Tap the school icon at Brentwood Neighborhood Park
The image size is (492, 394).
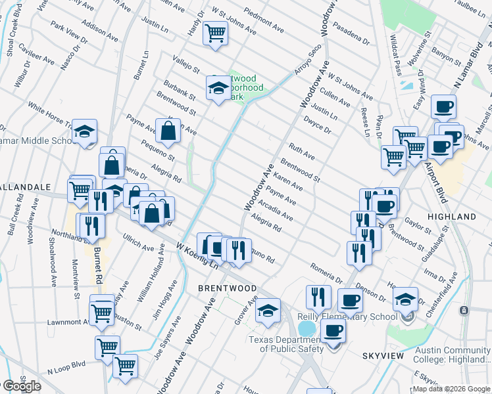click(218, 88)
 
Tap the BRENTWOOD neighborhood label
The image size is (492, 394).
click(228, 288)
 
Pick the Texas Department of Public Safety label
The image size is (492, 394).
click(286, 343)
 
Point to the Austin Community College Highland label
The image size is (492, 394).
click(451, 355)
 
